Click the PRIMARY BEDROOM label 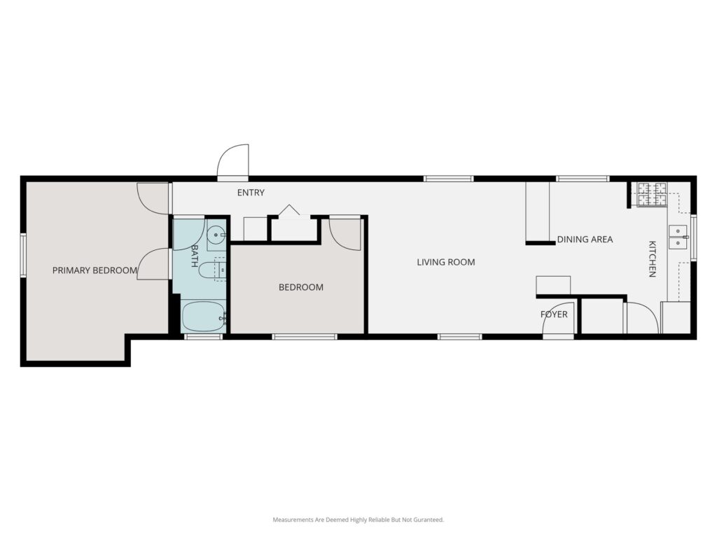(95, 270)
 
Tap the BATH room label (195, 256)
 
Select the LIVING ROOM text (446, 262)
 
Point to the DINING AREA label (585, 240)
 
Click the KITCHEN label (652, 259)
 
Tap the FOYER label (554, 315)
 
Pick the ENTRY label (251, 193)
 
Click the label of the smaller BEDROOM (301, 287)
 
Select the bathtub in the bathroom (204, 317)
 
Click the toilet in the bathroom (212, 270)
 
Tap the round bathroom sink (216, 235)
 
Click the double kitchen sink (678, 237)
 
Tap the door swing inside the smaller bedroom (345, 234)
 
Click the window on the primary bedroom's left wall (23, 255)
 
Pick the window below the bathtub (203, 337)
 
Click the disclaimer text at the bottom (358, 520)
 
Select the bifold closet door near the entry (289, 210)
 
